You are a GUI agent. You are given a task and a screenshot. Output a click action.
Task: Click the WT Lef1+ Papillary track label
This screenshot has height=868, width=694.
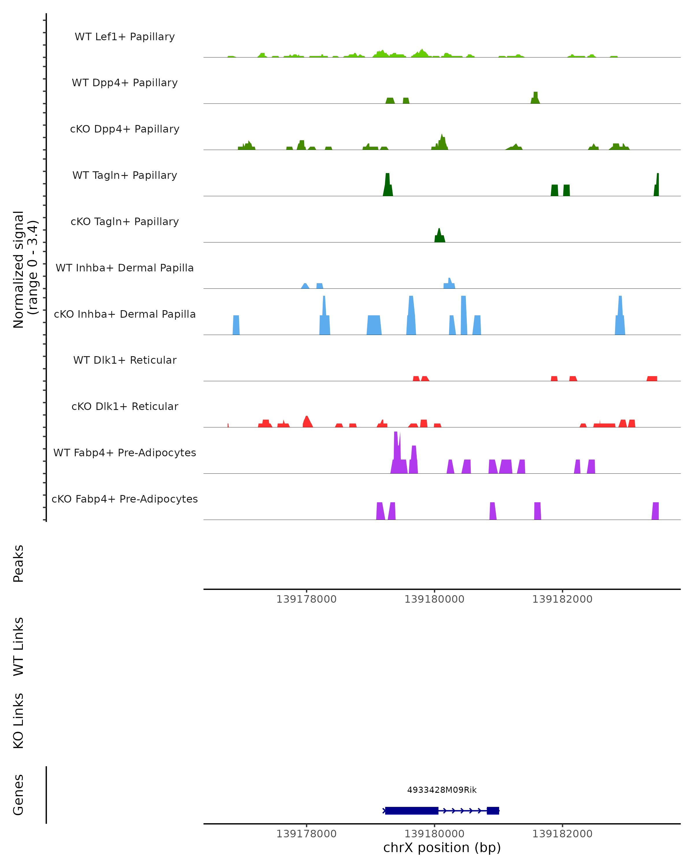click(125, 37)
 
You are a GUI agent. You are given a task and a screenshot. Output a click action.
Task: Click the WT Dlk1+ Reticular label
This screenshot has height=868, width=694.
click(125, 360)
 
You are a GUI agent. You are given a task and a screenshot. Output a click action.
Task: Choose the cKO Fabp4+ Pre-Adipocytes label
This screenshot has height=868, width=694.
click(125, 499)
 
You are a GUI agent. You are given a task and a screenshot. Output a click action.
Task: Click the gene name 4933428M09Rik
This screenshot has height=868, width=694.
click(442, 790)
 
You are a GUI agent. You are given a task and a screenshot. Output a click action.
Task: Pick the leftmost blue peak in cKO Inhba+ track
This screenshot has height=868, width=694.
click(236, 325)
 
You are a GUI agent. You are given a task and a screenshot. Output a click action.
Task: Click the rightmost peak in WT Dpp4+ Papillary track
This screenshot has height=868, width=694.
click(535, 98)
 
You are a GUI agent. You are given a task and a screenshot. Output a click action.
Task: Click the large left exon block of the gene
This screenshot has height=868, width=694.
click(411, 810)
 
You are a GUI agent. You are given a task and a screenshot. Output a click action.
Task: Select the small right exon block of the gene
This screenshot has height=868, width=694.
click(493, 810)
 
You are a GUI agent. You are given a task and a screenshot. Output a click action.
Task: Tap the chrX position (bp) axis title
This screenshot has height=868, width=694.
click(442, 848)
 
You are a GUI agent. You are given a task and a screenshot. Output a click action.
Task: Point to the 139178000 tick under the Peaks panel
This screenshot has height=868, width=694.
click(306, 599)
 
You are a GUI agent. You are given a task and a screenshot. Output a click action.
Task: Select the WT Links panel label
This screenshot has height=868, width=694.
click(19, 646)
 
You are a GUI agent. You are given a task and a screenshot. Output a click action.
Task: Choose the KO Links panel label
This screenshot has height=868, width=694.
click(19, 721)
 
